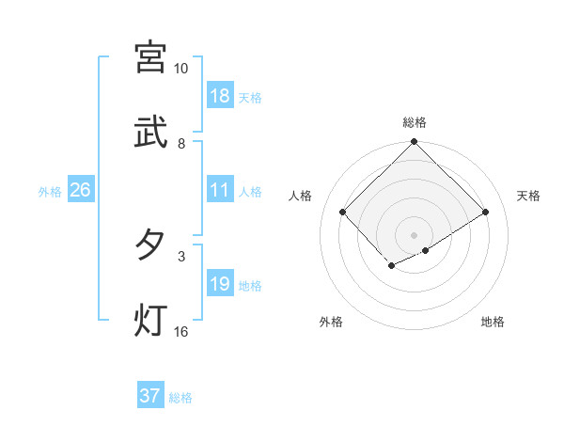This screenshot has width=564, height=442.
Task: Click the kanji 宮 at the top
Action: click(x=150, y=56)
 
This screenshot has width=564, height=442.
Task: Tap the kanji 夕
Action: click(x=150, y=245)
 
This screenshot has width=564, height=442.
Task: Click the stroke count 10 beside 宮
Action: click(x=180, y=69)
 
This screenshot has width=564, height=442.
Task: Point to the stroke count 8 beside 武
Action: click(x=181, y=144)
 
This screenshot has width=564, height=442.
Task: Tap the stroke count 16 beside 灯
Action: click(x=181, y=332)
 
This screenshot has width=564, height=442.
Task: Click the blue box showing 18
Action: click(x=220, y=96)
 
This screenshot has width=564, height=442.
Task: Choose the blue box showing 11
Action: click(x=220, y=190)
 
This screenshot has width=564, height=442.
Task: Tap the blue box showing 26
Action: click(x=80, y=190)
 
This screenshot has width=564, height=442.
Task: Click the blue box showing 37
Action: click(x=150, y=396)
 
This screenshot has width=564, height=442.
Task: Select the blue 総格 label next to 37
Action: click(x=181, y=398)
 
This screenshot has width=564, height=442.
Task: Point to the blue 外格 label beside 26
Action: click(x=50, y=192)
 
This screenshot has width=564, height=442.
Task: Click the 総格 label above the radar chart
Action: click(x=415, y=122)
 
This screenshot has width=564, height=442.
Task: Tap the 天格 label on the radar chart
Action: click(x=528, y=196)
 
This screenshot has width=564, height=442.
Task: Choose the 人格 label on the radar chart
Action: click(x=301, y=196)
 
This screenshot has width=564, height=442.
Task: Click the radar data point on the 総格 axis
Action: click(x=415, y=143)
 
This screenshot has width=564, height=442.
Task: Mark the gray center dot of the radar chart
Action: click(x=415, y=234)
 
